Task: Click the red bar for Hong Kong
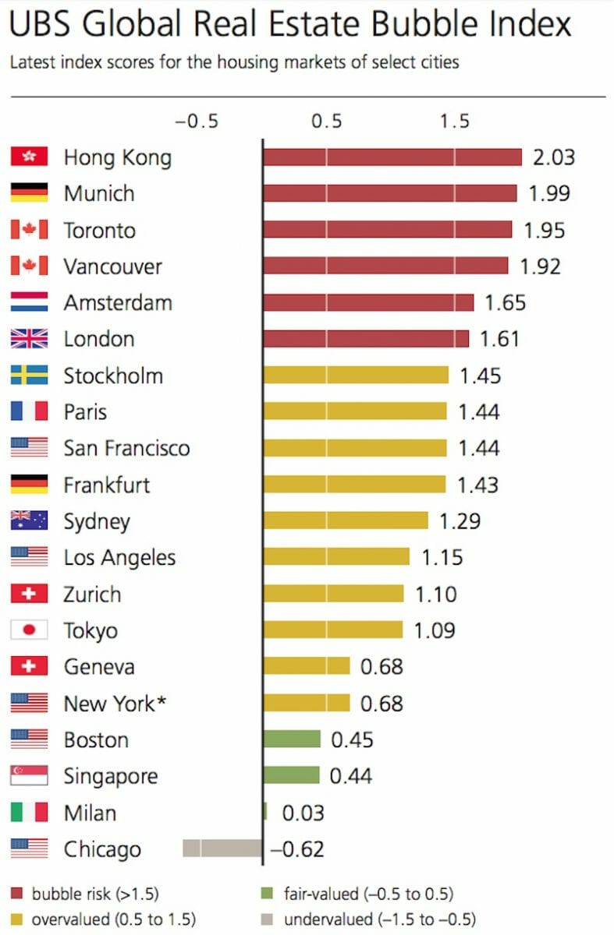[392, 157]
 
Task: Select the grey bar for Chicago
[222, 849]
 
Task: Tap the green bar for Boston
[292, 739]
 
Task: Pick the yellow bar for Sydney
[346, 520]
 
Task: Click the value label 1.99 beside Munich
[550, 193]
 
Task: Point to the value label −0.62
[297, 849]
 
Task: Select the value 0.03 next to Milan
[303, 813]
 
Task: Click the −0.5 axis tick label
[197, 122]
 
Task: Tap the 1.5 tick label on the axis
[454, 122]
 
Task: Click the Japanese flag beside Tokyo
[30, 630]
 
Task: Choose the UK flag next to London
[30, 339]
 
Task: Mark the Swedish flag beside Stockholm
[30, 376]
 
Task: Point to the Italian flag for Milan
[30, 813]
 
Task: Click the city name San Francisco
[126, 448]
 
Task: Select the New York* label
[115, 704]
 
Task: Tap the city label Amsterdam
[118, 302]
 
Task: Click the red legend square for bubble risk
[17, 894]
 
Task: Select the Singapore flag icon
[30, 776]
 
